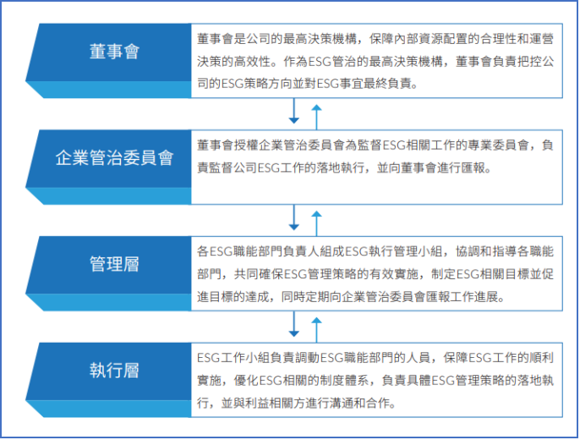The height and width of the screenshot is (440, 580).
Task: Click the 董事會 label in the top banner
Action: coord(114,52)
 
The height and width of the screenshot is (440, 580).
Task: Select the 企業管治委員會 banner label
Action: coord(114,157)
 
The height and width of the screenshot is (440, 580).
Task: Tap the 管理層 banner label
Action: coord(114,263)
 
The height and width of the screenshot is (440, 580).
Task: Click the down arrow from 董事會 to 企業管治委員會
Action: coord(294,112)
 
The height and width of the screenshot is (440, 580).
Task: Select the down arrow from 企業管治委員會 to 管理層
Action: coord(294,217)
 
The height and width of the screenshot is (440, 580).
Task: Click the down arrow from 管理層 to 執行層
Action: coord(294,323)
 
